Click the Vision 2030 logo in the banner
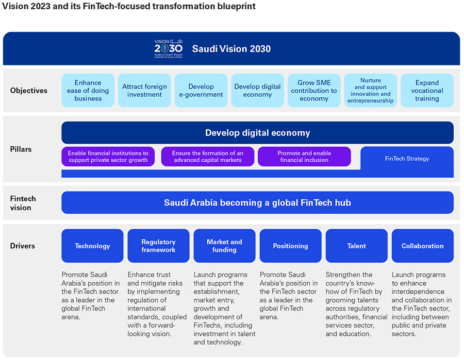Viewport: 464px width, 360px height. click(168, 49)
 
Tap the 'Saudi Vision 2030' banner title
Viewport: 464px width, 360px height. click(231, 49)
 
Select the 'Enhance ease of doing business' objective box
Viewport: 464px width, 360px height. click(88, 91)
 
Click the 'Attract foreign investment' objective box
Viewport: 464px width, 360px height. click(144, 91)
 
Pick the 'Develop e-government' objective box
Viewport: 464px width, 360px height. click(201, 91)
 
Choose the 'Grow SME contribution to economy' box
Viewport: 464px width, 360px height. click(313, 91)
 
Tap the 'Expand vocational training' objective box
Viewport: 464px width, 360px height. click(427, 91)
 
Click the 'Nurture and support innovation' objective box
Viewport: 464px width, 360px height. click(370, 91)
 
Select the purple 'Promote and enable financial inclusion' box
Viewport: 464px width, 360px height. click(304, 157)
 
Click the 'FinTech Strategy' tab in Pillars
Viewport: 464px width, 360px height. click(407, 159)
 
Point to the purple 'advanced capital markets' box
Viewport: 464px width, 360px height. click(208, 157)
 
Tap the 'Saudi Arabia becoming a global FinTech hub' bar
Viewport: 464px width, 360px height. click(257, 203)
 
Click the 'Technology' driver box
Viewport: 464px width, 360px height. click(92, 246)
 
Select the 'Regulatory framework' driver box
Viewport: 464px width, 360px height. click(158, 246)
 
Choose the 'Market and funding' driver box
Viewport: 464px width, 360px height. click(224, 246)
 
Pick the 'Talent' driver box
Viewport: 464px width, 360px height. click(356, 246)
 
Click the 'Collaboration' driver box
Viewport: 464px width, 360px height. click(422, 246)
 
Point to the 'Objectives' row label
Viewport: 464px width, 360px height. click(29, 91)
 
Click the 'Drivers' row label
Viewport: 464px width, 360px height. click(23, 246)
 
